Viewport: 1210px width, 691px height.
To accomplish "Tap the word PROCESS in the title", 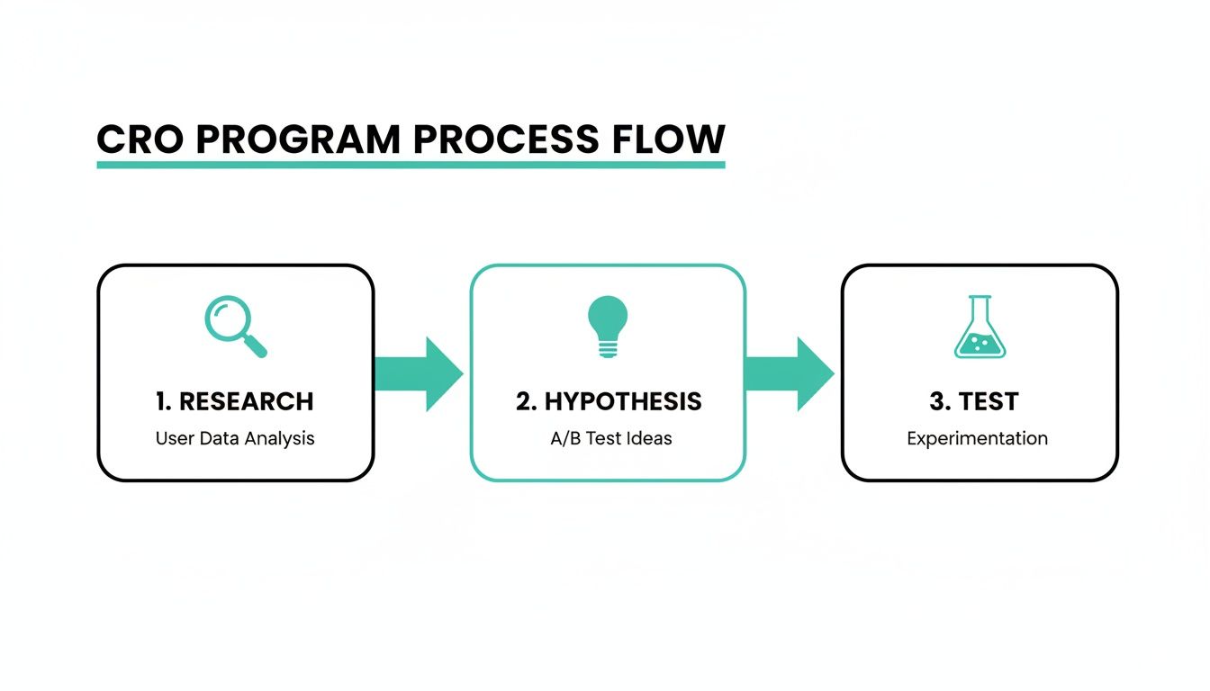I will (x=505, y=139).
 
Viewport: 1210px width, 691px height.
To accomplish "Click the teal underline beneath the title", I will (x=411, y=165).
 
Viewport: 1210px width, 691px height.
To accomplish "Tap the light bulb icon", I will (x=608, y=326).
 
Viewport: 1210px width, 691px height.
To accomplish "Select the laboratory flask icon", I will (x=980, y=328).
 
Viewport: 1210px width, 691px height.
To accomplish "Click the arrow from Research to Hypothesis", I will (x=418, y=373).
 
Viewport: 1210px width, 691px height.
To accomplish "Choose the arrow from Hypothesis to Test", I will (x=790, y=373).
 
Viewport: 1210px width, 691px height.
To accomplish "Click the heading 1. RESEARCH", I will (x=235, y=401).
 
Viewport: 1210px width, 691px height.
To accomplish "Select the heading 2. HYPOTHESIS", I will (x=609, y=401).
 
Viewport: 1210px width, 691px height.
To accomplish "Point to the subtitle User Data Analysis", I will (x=235, y=438).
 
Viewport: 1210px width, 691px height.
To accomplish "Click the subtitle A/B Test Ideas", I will (x=611, y=438).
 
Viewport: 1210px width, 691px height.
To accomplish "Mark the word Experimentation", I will (x=977, y=438).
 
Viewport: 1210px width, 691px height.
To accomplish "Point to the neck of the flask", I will (x=980, y=310).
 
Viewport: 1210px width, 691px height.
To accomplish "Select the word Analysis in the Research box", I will (x=282, y=438).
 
